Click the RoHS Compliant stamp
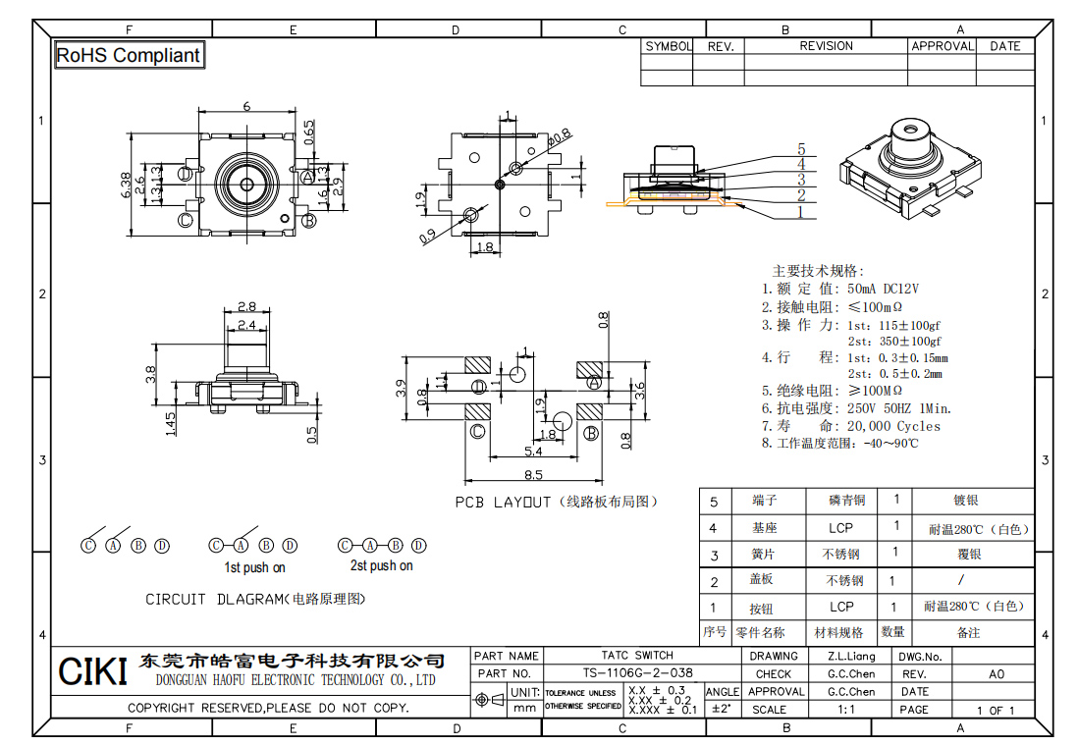point(129,56)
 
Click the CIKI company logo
point(92,672)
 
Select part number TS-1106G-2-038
point(637,673)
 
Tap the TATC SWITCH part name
point(637,655)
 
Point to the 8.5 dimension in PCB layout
point(533,475)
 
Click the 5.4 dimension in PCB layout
point(533,451)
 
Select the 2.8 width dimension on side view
point(246,306)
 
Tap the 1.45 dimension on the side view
point(171,423)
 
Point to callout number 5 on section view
point(801,149)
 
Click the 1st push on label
point(254,567)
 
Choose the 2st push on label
point(381,566)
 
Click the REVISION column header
point(826,46)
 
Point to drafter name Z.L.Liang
point(850,656)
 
